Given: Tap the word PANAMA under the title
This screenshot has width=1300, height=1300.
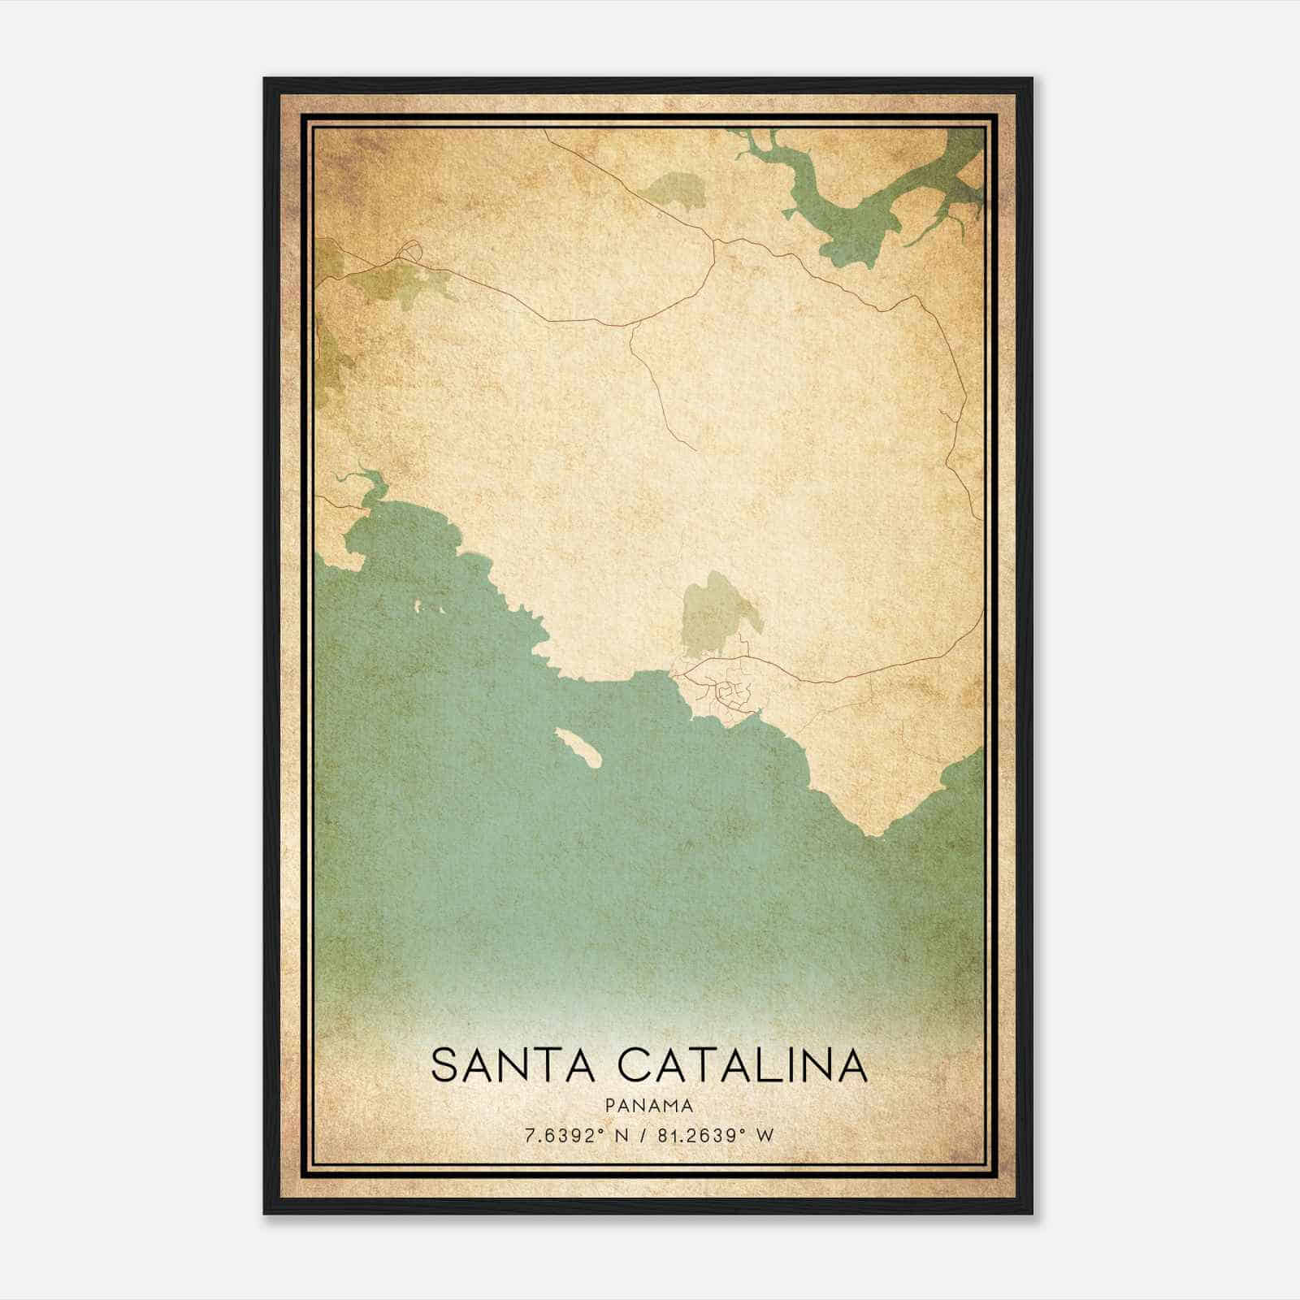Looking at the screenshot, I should point(649,1106).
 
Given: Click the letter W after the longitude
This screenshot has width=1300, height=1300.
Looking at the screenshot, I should point(765,1135).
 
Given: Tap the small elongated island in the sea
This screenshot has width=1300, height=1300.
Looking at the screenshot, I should point(577,746).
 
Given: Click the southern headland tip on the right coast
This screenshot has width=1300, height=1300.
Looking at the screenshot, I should point(873,832).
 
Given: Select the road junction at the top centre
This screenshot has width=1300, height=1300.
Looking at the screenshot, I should point(713,240).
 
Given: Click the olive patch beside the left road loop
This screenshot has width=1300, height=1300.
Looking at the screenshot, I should point(406,284).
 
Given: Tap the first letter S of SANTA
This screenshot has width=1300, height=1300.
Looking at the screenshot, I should point(444,1065).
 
